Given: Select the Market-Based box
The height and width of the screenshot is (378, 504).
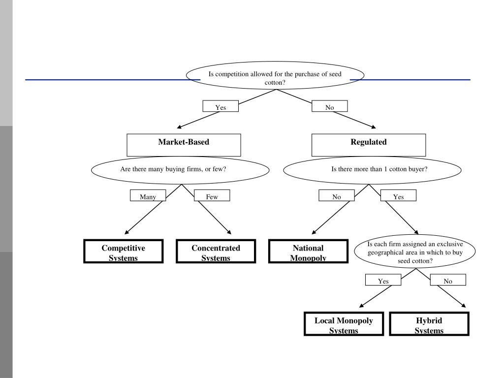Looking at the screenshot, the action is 184,145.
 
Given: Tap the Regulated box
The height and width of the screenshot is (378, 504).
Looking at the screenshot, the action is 369,145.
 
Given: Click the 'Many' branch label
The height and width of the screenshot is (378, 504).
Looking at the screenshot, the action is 148,195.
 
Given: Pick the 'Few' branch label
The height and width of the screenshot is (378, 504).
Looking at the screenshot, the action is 212,195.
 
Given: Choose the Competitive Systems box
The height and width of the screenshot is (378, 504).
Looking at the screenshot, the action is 124,251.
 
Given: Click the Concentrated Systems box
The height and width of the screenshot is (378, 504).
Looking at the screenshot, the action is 216,251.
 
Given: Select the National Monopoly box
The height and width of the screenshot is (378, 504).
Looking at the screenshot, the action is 308,251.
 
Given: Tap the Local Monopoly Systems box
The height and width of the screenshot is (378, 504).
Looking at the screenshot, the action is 344,324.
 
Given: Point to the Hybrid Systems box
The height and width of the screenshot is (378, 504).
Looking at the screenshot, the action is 429,324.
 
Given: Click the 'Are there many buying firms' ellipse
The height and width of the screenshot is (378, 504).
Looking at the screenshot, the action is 180,170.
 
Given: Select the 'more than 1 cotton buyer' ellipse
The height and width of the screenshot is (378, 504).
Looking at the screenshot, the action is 372,170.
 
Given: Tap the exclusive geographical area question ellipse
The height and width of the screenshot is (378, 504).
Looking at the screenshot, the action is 414,252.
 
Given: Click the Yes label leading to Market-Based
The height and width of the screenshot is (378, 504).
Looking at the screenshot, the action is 220,106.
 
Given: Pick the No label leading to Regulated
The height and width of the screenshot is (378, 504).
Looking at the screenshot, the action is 329,106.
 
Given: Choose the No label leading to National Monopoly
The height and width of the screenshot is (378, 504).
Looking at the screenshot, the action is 337,195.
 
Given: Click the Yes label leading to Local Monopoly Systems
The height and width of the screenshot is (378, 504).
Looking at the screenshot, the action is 383,280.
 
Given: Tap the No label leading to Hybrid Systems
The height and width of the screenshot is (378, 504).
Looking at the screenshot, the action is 448,280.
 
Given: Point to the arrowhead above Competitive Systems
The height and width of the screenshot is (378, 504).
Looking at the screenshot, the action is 126,232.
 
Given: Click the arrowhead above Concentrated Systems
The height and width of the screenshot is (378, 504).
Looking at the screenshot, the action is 229,232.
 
